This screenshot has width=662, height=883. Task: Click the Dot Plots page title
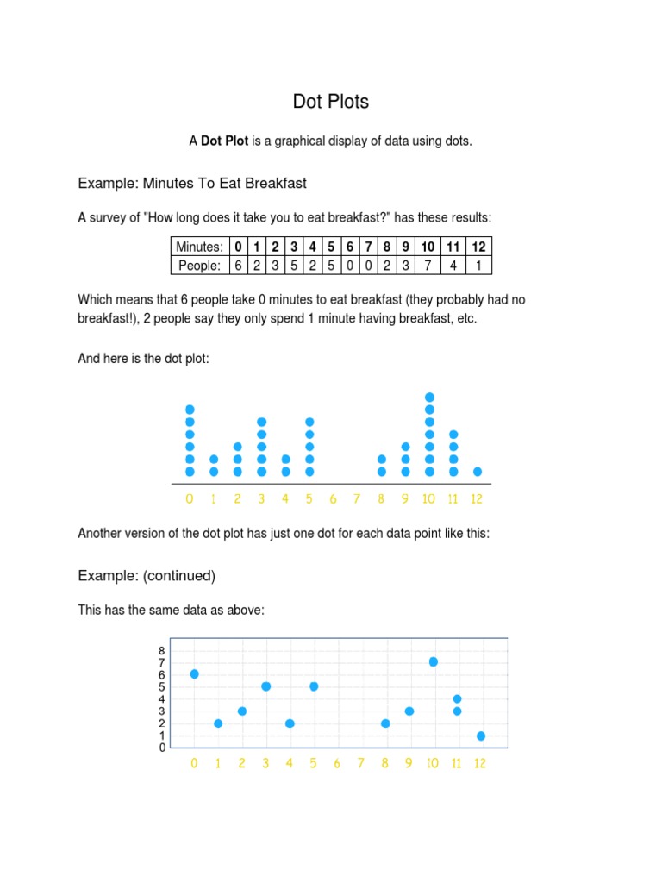(x=331, y=102)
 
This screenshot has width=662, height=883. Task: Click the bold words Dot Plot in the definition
(x=224, y=141)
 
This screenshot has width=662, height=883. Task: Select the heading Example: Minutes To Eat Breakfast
(x=192, y=183)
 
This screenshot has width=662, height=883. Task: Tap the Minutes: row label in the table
(x=200, y=247)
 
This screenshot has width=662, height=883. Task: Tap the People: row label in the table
(x=200, y=266)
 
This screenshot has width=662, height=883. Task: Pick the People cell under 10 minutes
(x=428, y=266)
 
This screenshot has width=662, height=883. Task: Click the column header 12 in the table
(x=478, y=247)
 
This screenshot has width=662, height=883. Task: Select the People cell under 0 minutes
(x=238, y=266)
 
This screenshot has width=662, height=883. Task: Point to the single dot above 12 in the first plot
(x=478, y=472)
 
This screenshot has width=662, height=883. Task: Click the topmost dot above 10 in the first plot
(x=430, y=398)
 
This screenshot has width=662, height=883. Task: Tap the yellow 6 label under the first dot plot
(x=333, y=498)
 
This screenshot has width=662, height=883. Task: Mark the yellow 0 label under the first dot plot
(x=190, y=498)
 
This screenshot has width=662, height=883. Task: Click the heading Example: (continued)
(x=147, y=575)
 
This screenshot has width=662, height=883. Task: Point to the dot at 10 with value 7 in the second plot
(x=434, y=661)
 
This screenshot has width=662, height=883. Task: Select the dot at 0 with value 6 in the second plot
(x=194, y=673)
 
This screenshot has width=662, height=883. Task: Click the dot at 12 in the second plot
(x=481, y=736)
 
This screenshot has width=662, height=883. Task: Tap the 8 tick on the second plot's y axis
(x=161, y=650)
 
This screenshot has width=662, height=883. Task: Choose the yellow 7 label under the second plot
(x=361, y=763)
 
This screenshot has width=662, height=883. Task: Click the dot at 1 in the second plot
(x=218, y=723)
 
